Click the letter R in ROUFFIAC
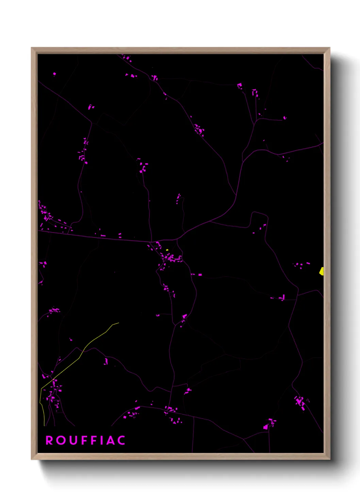point(49,440)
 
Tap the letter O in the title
point(61,440)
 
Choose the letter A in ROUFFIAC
point(110,440)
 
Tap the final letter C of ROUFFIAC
point(121,440)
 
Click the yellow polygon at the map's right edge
point(322,271)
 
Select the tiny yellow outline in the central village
point(167,250)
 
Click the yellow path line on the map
point(82,354)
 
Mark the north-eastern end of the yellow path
point(119,323)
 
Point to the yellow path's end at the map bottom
point(44,425)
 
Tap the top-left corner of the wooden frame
point(32,48)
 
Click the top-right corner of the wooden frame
point(329,48)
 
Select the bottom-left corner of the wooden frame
point(32,459)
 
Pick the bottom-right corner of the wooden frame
point(329,459)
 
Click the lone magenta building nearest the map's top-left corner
point(54,74)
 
